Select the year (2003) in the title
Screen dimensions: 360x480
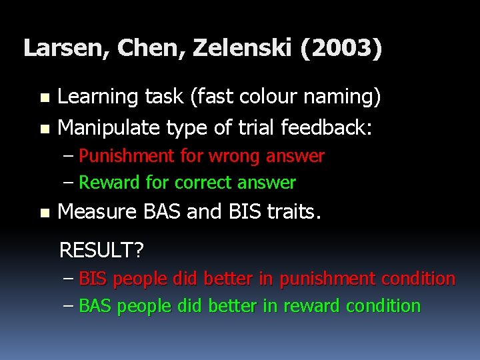coord(341,48)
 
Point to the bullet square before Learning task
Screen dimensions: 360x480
coord(44,97)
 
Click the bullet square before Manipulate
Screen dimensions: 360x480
coord(44,127)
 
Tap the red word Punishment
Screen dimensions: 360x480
coord(126,156)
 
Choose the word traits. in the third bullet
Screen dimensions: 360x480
coord(293,212)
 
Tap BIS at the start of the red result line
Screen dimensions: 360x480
coord(93,279)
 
